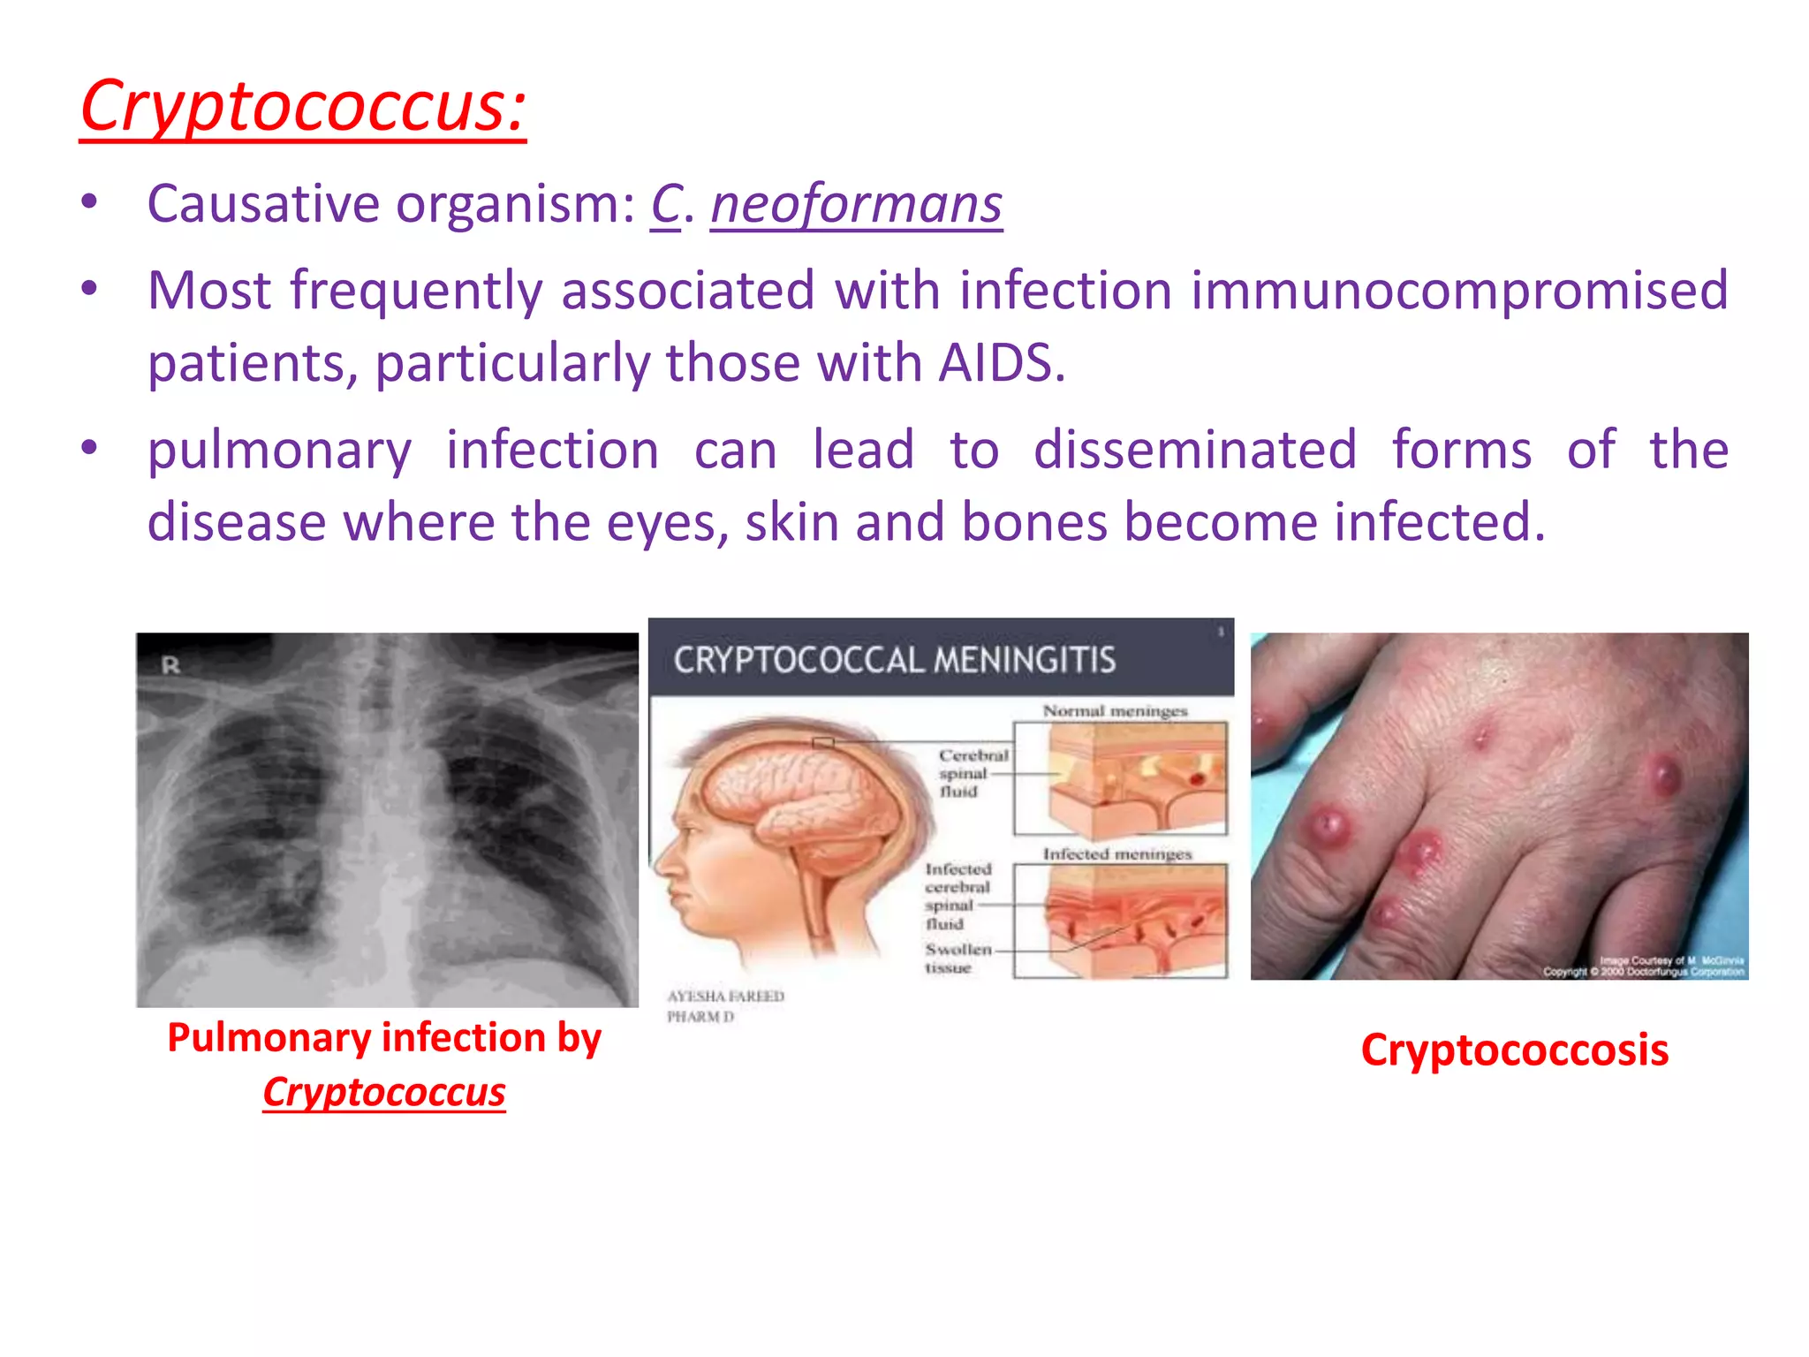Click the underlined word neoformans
pos(856,204)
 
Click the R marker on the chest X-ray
pos(170,665)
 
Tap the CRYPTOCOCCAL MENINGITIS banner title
pos(894,660)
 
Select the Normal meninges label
pos(1115,711)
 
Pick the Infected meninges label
pos(1116,854)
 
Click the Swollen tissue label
pos(957,959)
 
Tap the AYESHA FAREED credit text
pos(725,997)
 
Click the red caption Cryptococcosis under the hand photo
pos(1514,1050)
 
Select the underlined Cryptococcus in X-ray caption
pos(384,1093)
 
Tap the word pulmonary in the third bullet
pos(279,451)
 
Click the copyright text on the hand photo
pos(1643,972)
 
